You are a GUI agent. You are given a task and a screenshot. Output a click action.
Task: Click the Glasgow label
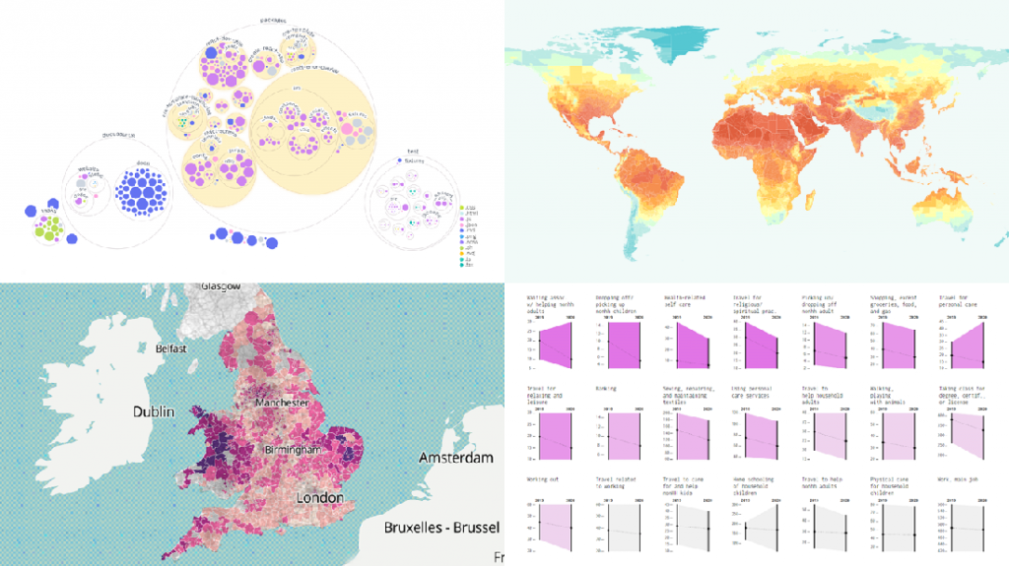[x=220, y=285]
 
